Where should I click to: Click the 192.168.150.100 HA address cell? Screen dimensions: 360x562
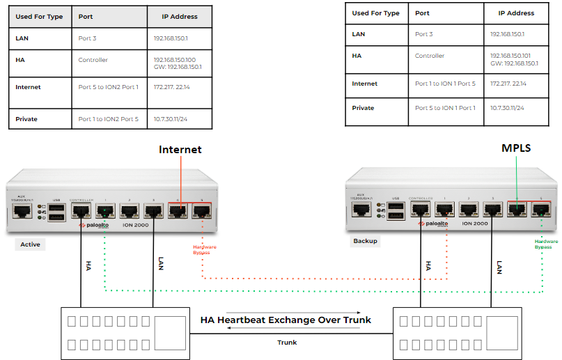[178, 63]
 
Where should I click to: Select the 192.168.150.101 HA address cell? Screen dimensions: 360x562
[514, 59]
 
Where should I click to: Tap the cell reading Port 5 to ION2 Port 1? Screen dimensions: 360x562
[108, 87]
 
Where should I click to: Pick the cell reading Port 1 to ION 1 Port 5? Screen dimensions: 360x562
[445, 84]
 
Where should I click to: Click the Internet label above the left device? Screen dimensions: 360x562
[180, 150]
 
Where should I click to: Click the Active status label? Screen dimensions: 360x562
[30, 244]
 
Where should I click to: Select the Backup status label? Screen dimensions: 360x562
[366, 241]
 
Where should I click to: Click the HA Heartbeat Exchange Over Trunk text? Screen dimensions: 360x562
[286, 320]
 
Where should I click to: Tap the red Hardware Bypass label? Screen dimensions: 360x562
[205, 250]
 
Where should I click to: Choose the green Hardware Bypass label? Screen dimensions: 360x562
[547, 244]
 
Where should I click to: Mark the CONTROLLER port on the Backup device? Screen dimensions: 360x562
[421, 210]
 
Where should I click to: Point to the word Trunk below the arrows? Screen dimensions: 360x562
[287, 343]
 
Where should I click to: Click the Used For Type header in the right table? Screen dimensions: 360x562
[375, 13]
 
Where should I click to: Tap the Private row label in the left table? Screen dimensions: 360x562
[26, 119]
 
